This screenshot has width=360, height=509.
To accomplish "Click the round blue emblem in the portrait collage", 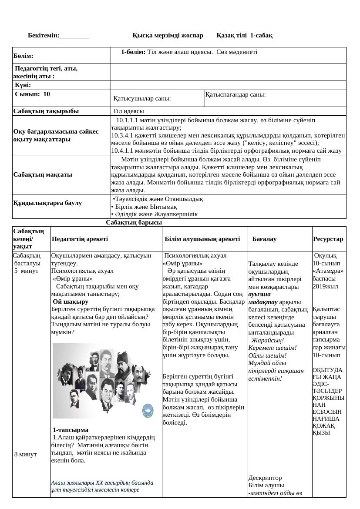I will coord(148,409).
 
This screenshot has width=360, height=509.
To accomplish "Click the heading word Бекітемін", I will coord(44,35).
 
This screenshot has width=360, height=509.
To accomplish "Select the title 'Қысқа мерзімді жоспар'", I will coord(168,35).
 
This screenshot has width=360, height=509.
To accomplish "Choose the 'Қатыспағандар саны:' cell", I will coord(236,94).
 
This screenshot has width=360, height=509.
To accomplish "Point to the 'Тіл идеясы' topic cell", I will coord(125,111).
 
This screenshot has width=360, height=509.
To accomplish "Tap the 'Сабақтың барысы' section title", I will coord(134,222).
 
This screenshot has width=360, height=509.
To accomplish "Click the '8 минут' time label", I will coord(26,454).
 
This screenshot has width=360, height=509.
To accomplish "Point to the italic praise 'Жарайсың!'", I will coord(268,340).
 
